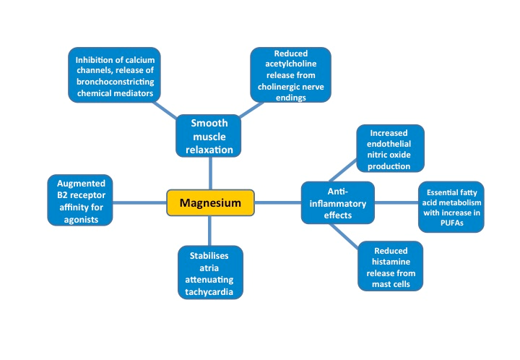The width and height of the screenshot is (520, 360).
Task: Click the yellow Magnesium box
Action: (x=211, y=203)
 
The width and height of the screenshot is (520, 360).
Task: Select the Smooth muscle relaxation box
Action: (x=209, y=137)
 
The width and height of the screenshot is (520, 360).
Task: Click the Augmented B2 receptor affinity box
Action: (x=79, y=200)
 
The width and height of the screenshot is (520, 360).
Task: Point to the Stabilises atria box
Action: (x=210, y=271)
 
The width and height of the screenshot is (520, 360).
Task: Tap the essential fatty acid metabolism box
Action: (x=451, y=207)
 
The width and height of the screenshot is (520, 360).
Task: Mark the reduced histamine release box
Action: (x=390, y=265)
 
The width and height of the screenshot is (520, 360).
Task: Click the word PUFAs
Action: (x=451, y=223)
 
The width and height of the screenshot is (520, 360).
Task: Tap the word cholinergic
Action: (x=277, y=87)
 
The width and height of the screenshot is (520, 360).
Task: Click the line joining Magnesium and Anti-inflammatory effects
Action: (x=278, y=203)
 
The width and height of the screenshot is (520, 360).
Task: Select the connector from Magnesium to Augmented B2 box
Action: (x=139, y=202)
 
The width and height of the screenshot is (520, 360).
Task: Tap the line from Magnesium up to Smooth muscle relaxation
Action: (x=210, y=173)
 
